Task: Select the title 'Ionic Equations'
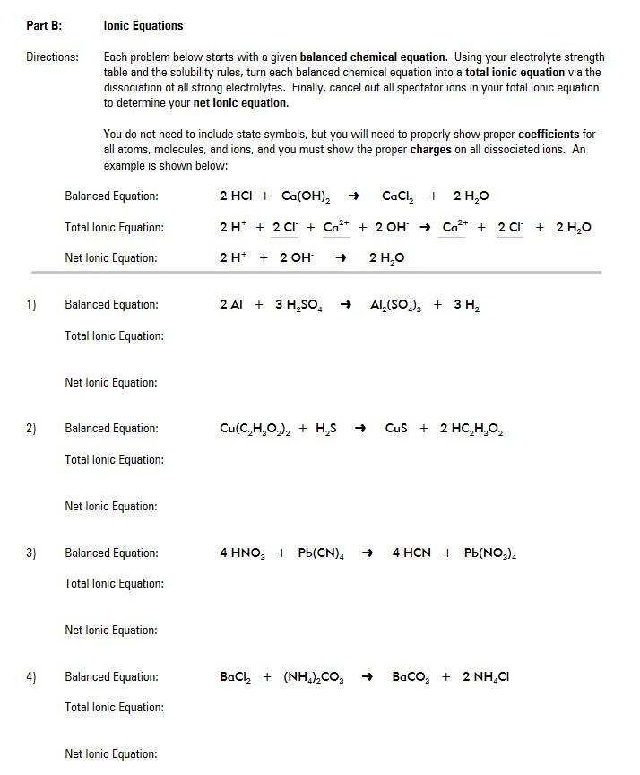click(143, 26)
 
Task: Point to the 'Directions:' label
click(52, 57)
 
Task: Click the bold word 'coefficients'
click(549, 134)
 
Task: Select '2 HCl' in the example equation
click(237, 196)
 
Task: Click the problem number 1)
click(31, 305)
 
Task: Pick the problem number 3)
click(31, 553)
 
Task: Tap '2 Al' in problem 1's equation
click(231, 305)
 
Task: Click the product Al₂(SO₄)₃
click(396, 305)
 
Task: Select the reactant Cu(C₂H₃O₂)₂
click(255, 429)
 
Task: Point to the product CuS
click(396, 429)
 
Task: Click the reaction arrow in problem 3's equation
click(368, 553)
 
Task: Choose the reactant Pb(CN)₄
click(321, 553)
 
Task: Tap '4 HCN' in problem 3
click(411, 553)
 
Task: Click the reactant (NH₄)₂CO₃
click(313, 677)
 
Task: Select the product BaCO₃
click(413, 677)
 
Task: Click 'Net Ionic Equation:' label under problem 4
click(111, 754)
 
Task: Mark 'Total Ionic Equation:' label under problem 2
click(114, 460)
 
